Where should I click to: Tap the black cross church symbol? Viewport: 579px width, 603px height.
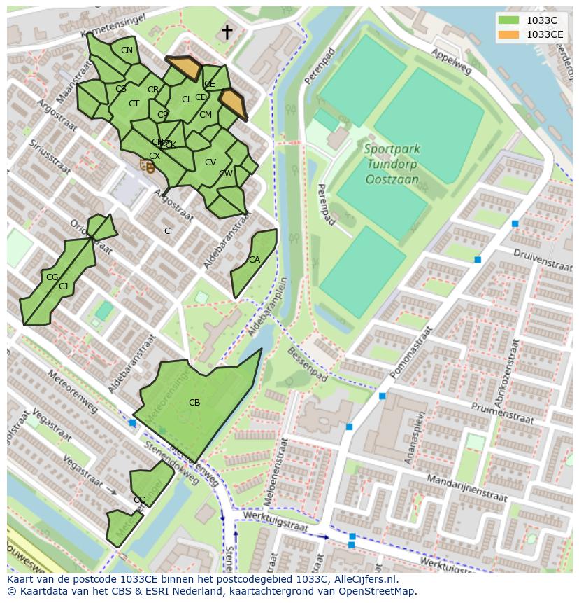point(227,32)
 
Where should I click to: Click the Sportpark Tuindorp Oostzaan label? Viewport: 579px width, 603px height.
point(392,164)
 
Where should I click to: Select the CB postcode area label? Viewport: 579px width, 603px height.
point(194,403)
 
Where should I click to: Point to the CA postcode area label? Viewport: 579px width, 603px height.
point(255,260)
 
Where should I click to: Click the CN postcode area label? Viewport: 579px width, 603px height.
point(127,50)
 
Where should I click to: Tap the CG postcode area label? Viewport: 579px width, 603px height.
point(52,277)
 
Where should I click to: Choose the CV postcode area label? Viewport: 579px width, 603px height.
point(210,162)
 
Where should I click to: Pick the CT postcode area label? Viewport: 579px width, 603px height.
point(134,104)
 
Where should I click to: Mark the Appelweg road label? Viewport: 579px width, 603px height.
point(451,62)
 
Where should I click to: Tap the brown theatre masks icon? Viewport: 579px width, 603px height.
point(147,166)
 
